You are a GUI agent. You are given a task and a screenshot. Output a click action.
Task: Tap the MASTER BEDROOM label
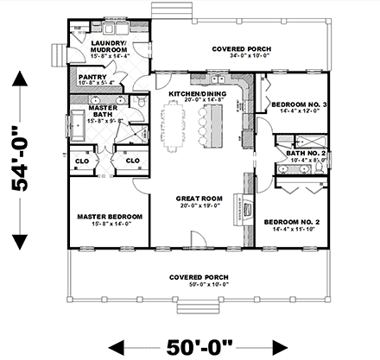(x=104, y=217)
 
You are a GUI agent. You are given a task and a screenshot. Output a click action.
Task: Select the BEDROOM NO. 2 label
(x=292, y=222)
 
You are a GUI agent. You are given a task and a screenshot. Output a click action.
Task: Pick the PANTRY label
(x=92, y=76)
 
